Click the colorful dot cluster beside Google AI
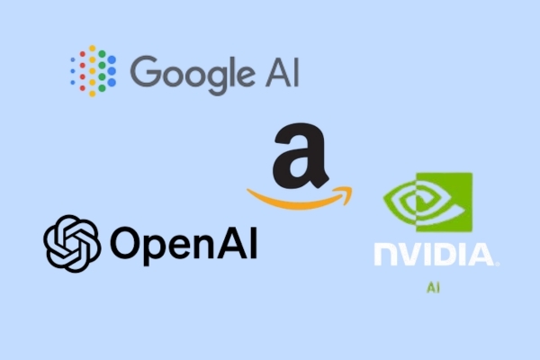click(x=93, y=69)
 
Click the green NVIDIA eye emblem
click(x=426, y=202)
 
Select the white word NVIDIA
click(x=433, y=254)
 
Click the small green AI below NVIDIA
click(x=433, y=289)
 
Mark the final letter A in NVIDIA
click(x=481, y=254)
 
